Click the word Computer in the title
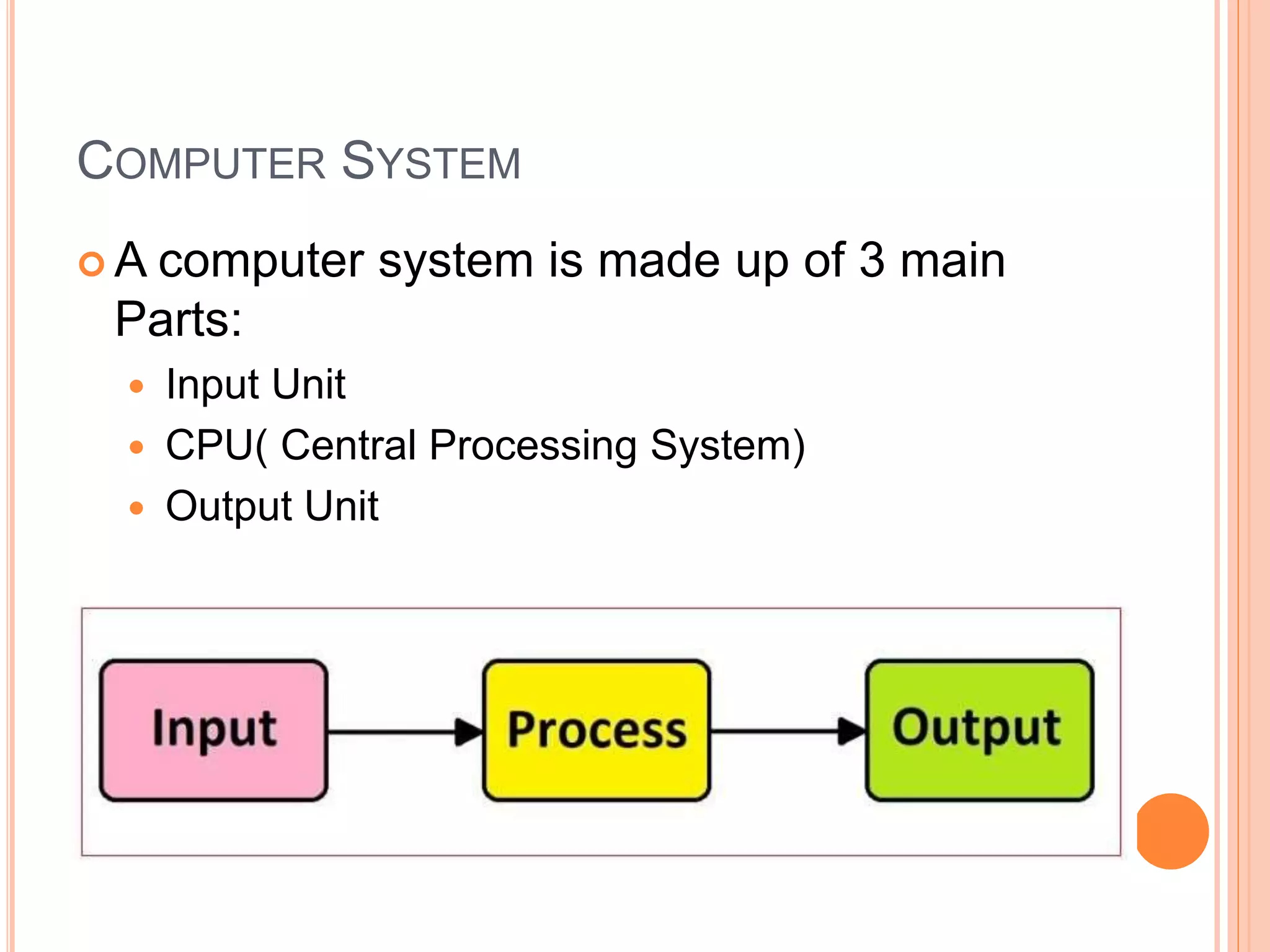click(202, 162)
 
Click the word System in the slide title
click(431, 162)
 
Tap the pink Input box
click(213, 730)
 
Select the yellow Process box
click(596, 730)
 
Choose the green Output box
click(979, 730)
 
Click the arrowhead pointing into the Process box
click(468, 732)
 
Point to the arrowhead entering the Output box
click(851, 731)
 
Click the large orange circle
click(1172, 831)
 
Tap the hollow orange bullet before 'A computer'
click(92, 264)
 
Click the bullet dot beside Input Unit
click(137, 387)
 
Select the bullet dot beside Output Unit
click(137, 509)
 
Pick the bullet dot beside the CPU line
click(137, 447)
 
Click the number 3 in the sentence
click(871, 260)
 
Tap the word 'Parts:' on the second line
click(179, 320)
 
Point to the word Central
click(349, 446)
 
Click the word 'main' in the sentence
click(952, 260)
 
